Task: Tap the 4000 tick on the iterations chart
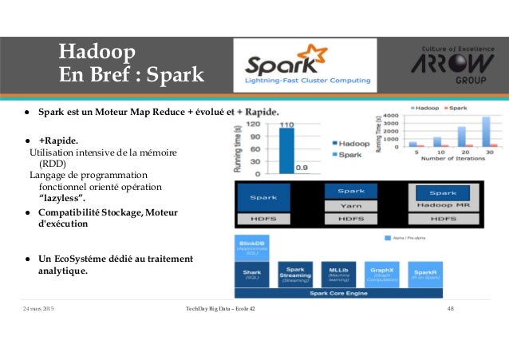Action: point(390,115)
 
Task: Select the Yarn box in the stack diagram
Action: point(351,205)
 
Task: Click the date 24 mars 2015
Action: point(39,308)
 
